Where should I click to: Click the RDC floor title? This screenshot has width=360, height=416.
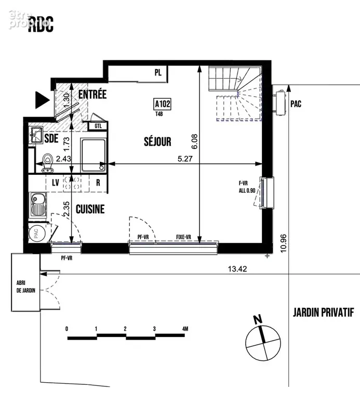(41, 24)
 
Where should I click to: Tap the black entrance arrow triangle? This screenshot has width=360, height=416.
(42, 100)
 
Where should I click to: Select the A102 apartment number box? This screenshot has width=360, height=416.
(163, 103)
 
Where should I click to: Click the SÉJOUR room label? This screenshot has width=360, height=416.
(157, 141)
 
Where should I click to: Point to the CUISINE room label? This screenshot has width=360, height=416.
(90, 209)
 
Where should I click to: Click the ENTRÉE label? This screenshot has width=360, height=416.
(92, 94)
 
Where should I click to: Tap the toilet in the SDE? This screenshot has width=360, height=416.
(48, 162)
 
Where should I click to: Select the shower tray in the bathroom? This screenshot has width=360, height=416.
(94, 155)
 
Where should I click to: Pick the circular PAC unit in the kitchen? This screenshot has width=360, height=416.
(37, 233)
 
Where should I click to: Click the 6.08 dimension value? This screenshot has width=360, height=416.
(194, 141)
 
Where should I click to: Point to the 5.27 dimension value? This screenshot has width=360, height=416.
(185, 159)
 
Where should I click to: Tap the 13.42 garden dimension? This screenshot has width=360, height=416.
(237, 269)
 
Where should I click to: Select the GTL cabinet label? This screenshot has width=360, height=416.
(98, 126)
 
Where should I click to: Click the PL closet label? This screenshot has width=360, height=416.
(158, 72)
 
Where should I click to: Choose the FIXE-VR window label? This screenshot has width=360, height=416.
(183, 237)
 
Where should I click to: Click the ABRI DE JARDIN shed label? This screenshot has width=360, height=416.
(26, 287)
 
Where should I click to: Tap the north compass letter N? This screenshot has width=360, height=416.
(258, 319)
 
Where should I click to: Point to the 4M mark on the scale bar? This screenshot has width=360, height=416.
(185, 329)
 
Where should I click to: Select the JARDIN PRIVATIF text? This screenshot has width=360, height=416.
(324, 313)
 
